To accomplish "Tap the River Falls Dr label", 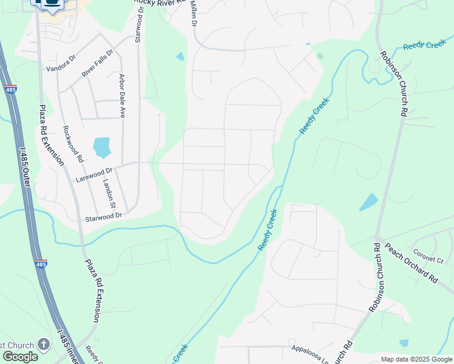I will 97,63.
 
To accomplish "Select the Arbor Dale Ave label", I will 121,95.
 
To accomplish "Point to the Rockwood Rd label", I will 73,144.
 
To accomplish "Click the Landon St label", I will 109,194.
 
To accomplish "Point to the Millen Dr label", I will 194,13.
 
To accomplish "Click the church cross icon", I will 44,344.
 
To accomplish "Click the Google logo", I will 20,357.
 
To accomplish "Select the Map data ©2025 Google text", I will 416,359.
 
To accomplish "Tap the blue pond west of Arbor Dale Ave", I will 101,147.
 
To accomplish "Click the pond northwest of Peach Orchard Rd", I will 368,201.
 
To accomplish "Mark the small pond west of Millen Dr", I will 180,56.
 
